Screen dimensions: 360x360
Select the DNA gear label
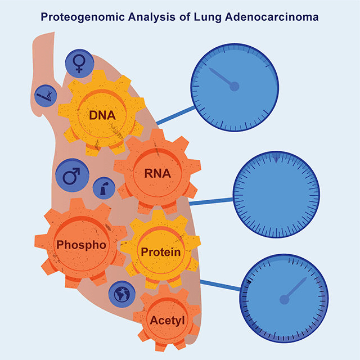(x=102, y=116)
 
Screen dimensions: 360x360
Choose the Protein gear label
(x=161, y=252)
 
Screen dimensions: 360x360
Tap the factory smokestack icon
(x=104, y=188)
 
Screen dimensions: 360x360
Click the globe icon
(x=121, y=293)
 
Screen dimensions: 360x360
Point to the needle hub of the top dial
(x=235, y=86)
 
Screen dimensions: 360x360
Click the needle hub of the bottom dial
(x=285, y=300)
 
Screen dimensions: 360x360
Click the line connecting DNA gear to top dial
(x=173, y=116)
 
